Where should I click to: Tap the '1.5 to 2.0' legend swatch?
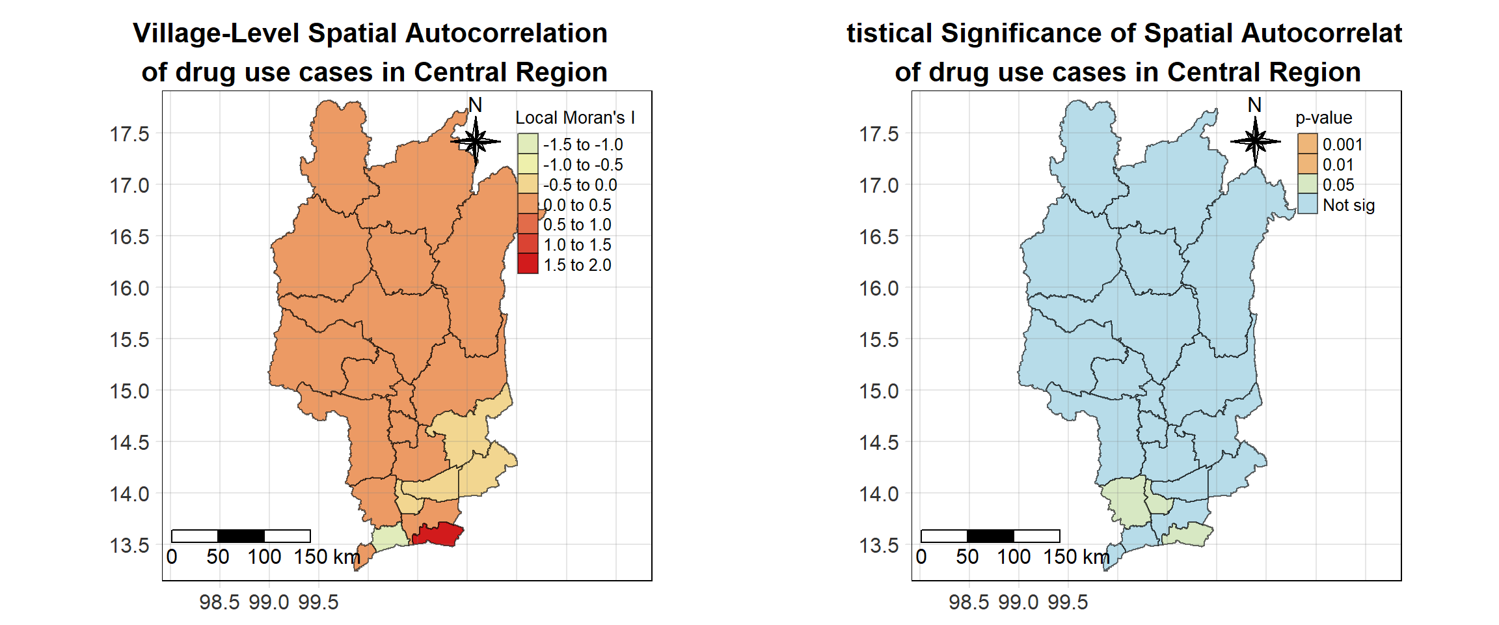click(528, 264)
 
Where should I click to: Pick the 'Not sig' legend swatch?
click(1307, 204)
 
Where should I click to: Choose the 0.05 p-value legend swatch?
click(1307, 184)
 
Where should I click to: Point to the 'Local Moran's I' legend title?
click(574, 118)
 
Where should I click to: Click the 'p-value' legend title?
click(1323, 118)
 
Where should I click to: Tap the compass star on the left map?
click(476, 141)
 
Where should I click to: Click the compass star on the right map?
click(1255, 141)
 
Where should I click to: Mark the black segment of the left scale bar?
click(241, 536)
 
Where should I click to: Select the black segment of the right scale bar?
click(990, 536)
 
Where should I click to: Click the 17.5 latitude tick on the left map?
click(129, 134)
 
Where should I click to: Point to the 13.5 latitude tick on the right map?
click(879, 546)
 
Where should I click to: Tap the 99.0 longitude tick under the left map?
click(269, 602)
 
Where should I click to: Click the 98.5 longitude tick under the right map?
click(969, 602)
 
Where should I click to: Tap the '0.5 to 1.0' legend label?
click(577, 225)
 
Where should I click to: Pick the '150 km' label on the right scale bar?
click(1076, 557)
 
